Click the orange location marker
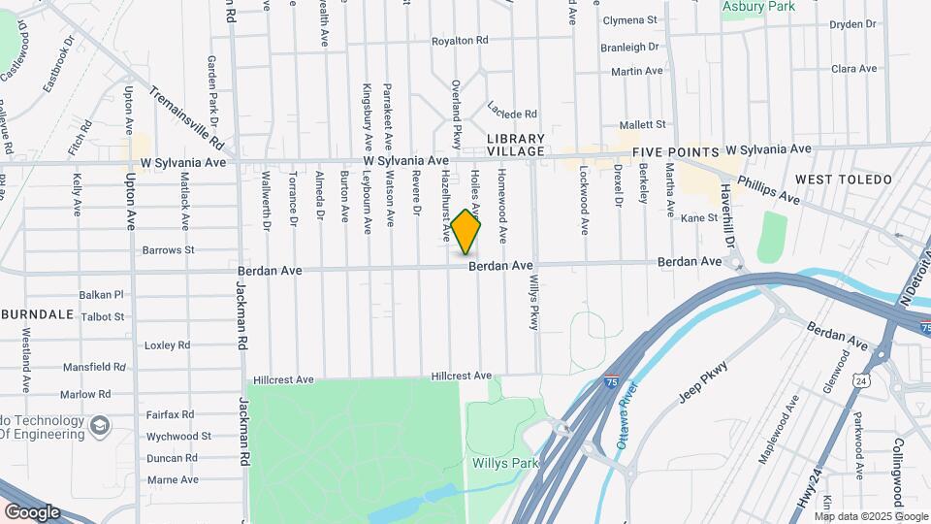(x=466, y=232)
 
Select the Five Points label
(x=675, y=153)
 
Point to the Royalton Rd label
(x=460, y=42)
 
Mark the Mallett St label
(x=642, y=125)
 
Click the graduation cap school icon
(x=99, y=425)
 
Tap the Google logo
(x=32, y=511)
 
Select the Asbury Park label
(x=759, y=6)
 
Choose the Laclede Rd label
(x=513, y=114)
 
